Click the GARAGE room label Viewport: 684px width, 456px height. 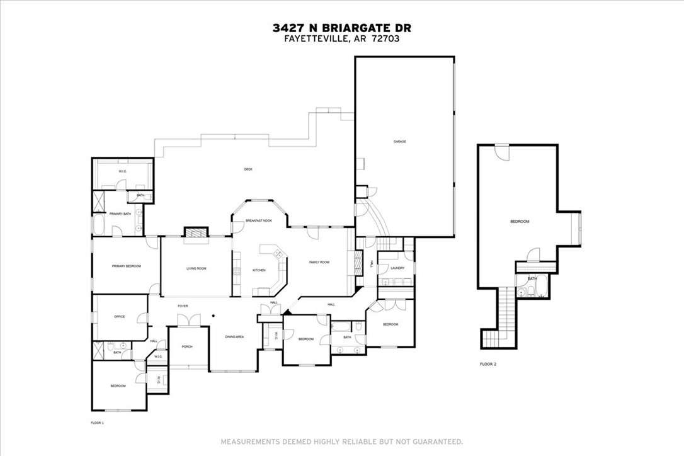[400, 142]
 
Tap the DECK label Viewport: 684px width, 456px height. [248, 169]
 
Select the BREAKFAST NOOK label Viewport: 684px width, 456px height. [258, 221]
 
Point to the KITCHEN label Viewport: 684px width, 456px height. [259, 270]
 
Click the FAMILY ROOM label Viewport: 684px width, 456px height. [319, 262]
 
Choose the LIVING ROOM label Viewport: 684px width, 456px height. [196, 268]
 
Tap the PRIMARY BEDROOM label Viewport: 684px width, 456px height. [126, 266]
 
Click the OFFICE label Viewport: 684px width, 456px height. [120, 316]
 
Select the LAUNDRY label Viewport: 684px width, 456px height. [397, 268]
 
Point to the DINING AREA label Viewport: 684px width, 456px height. [234, 338]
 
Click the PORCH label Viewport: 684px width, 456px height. [187, 346]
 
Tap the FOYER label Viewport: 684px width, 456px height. [183, 306]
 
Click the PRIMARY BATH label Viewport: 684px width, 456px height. [120, 214]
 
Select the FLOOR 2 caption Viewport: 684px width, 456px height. [488, 364]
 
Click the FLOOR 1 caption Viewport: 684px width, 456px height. [98, 423]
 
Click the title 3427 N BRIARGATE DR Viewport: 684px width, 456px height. [342, 28]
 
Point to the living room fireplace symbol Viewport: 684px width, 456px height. [195, 233]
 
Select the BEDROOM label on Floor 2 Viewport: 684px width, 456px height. [520, 222]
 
